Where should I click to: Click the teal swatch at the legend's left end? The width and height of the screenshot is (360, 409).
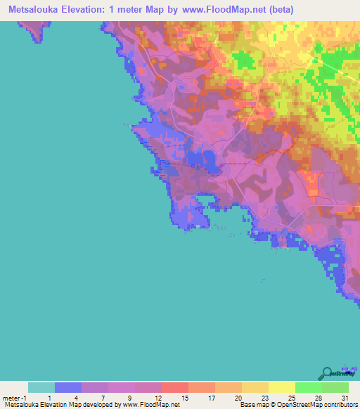click(x=41, y=387)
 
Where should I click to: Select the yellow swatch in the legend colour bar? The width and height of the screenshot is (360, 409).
click(x=281, y=387)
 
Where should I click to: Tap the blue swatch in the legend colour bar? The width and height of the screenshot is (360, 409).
click(x=68, y=387)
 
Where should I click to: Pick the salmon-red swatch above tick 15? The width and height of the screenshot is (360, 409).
click(x=175, y=387)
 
